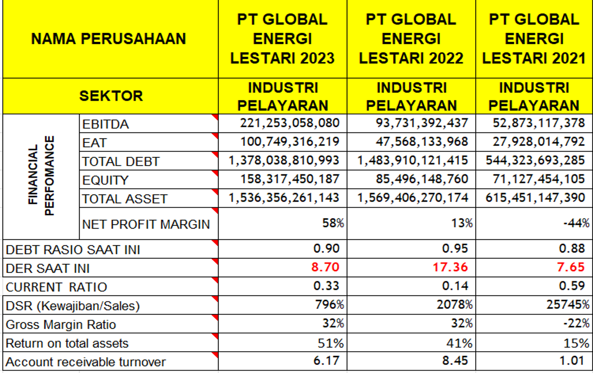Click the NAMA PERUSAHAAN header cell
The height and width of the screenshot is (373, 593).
pyautogui.click(x=109, y=39)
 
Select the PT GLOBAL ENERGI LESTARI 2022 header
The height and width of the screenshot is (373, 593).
pyautogui.click(x=411, y=39)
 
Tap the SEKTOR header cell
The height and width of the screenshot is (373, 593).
pyautogui.click(x=111, y=96)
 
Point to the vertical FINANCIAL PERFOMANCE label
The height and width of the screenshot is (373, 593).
pyautogui.click(x=41, y=176)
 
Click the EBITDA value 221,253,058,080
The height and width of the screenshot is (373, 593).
pyautogui.click(x=290, y=123)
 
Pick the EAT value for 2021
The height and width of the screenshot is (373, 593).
pyautogui.click(x=539, y=141)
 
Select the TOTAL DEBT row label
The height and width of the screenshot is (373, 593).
pyautogui.click(x=121, y=161)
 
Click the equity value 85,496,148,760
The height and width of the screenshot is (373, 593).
pyautogui.click(x=422, y=179)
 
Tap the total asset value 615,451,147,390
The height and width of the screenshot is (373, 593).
pyautogui.click(x=535, y=198)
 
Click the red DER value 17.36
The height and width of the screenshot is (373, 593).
pyautogui.click(x=450, y=267)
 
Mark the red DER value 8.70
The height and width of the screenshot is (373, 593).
pyautogui.click(x=325, y=267)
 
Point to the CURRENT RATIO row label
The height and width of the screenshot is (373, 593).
pyautogui.click(x=56, y=287)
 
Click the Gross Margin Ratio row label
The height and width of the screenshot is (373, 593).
pyautogui.click(x=61, y=324)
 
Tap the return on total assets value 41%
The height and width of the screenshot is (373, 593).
pyautogui.click(x=462, y=343)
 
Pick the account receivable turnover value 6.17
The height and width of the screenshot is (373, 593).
pyautogui.click(x=326, y=361)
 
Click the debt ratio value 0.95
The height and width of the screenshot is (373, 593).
pyautogui.click(x=455, y=249)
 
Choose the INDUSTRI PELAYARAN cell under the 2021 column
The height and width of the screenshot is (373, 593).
pyautogui.click(x=534, y=96)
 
